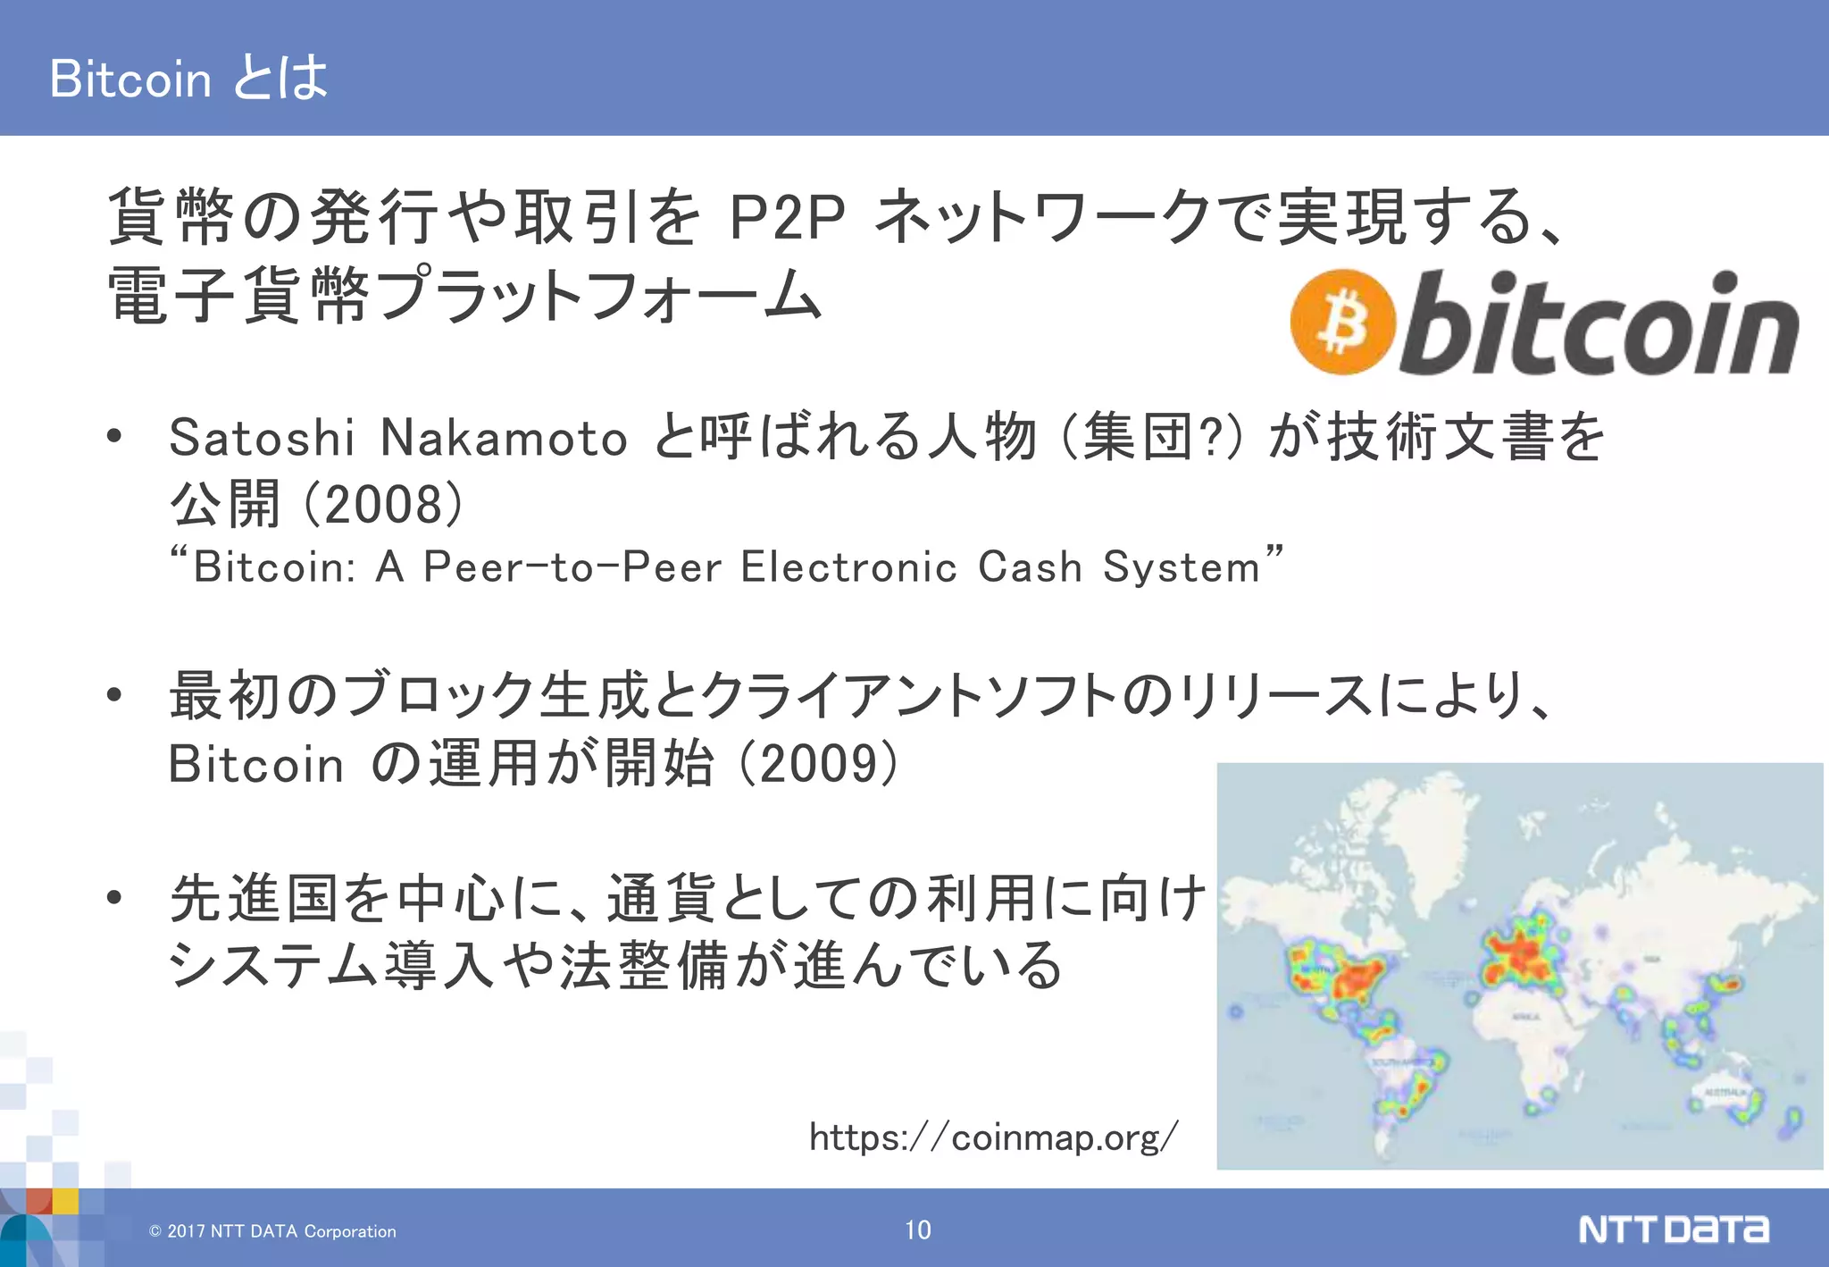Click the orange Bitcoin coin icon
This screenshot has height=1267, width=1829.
coord(1342,322)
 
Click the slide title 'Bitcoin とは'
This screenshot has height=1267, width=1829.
coord(188,78)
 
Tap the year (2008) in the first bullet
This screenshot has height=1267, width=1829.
coord(383,505)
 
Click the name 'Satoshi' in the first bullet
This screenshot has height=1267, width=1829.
coord(262,438)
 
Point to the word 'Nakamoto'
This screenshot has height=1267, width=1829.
coord(504,438)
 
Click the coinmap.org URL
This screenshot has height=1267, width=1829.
coord(993,1137)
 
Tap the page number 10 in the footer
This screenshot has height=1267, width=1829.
coord(917,1230)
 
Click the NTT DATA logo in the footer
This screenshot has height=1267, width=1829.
coord(1673,1229)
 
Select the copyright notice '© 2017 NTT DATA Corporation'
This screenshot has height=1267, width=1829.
coord(272,1231)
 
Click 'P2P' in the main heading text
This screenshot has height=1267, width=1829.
coord(786,217)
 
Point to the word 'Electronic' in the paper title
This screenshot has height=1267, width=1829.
coord(848,567)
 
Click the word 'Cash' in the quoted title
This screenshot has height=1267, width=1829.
coord(1030,567)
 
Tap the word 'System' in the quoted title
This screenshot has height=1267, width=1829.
coord(1181,567)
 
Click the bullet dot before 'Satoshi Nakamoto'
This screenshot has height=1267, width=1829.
coord(113,437)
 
